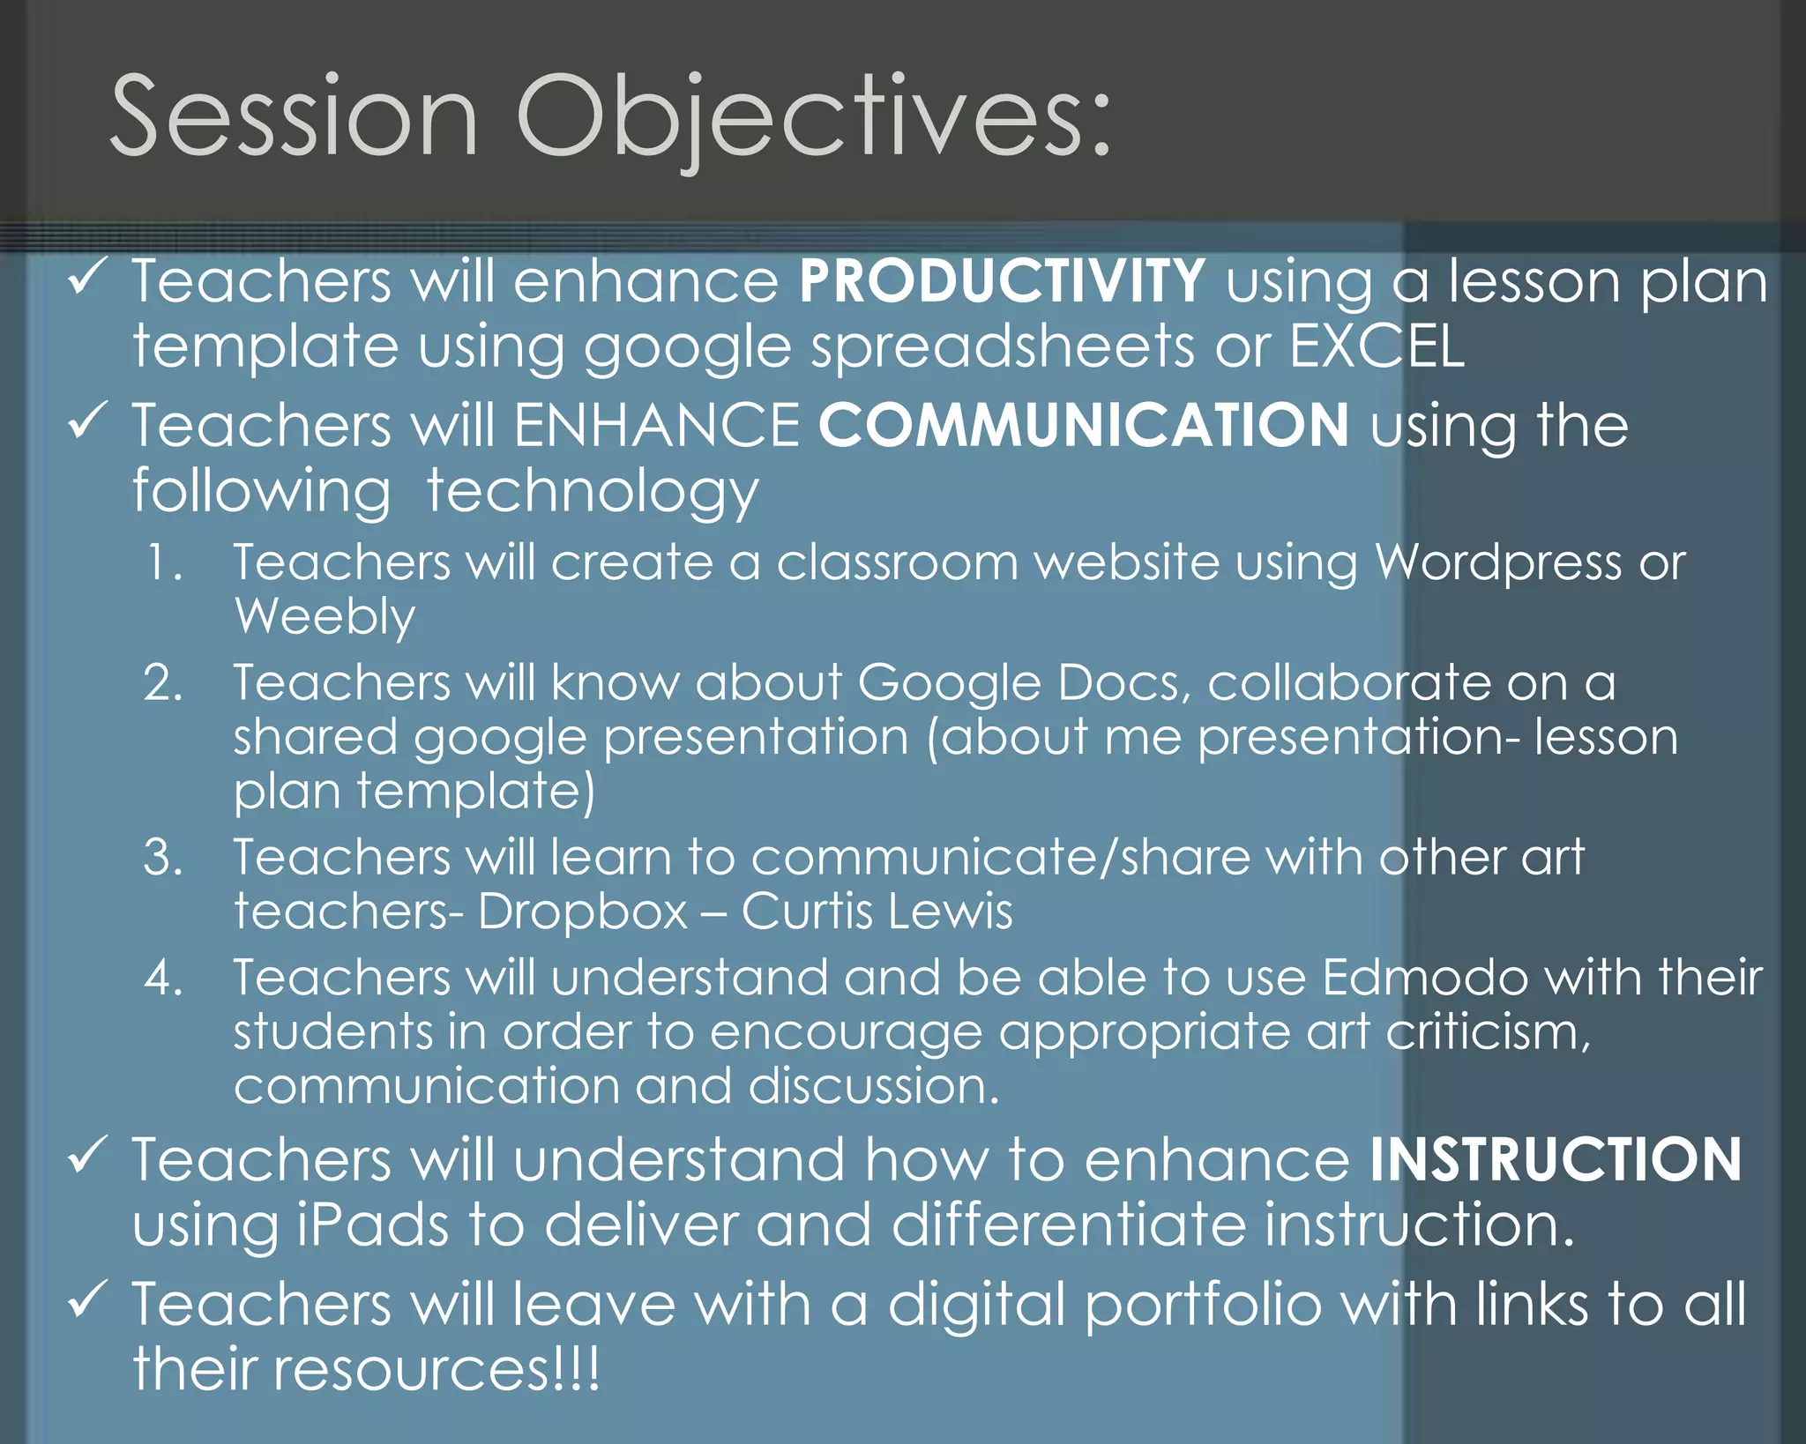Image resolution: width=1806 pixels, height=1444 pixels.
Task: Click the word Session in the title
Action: (294, 117)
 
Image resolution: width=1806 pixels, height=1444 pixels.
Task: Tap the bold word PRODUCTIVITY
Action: (1002, 281)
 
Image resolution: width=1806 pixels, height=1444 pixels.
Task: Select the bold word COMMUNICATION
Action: (1084, 425)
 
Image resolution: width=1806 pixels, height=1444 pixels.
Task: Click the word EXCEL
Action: (1377, 346)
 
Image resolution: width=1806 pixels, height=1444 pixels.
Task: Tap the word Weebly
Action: (325, 616)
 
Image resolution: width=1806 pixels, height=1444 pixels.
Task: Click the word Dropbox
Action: (582, 911)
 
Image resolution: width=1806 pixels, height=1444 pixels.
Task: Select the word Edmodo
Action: (1425, 978)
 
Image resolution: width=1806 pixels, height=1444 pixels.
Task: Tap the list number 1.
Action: (164, 562)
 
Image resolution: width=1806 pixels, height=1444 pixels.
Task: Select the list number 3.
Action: (163, 857)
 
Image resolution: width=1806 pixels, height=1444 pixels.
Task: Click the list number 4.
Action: (163, 978)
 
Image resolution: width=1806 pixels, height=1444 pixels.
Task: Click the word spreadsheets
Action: (1003, 347)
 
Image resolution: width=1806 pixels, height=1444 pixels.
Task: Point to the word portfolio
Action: (1203, 1306)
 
